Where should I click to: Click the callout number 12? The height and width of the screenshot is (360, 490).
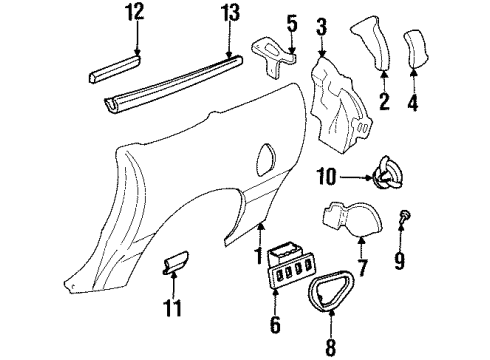coord(134,13)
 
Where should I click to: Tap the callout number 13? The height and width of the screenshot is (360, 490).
coord(230,13)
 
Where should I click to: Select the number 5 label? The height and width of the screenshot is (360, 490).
coord(293,22)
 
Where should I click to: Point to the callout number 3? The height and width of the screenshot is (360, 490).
coord(321,24)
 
